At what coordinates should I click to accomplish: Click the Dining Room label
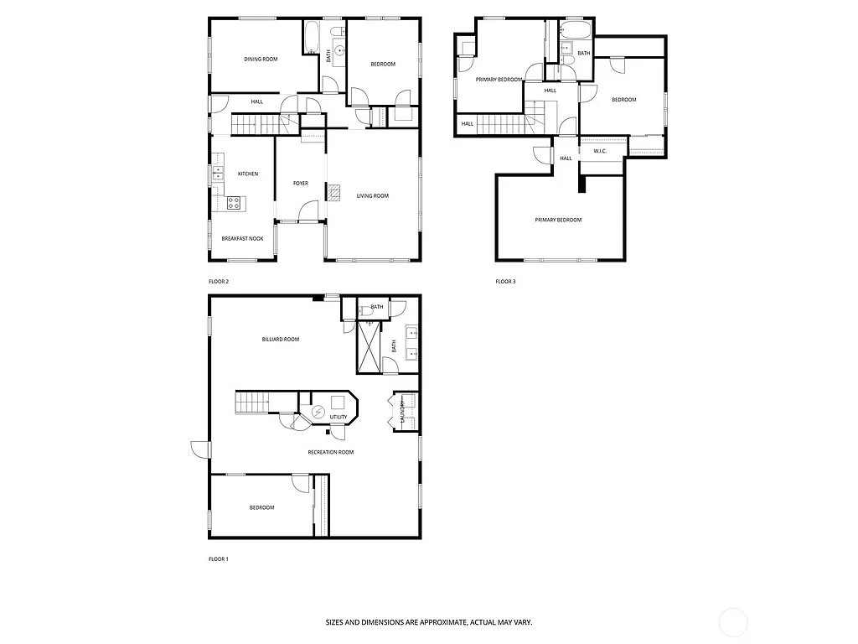pyautogui.click(x=261, y=60)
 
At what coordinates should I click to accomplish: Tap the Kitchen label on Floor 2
pyautogui.click(x=247, y=174)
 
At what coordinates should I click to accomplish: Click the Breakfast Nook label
pyautogui.click(x=242, y=239)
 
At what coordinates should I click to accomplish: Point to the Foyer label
pyautogui.click(x=300, y=184)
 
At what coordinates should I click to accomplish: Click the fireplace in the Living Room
pyautogui.click(x=334, y=193)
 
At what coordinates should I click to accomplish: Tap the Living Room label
pyautogui.click(x=373, y=196)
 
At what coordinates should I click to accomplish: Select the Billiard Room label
pyautogui.click(x=280, y=340)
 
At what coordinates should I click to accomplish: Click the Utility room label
pyautogui.click(x=339, y=417)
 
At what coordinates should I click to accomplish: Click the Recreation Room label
pyautogui.click(x=330, y=452)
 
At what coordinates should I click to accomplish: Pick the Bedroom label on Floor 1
pyautogui.click(x=261, y=507)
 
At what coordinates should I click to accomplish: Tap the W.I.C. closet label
pyautogui.click(x=600, y=151)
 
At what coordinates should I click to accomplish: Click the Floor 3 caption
pyautogui.click(x=505, y=282)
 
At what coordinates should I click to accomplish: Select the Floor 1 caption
pyautogui.click(x=218, y=558)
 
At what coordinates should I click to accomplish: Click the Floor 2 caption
pyautogui.click(x=218, y=282)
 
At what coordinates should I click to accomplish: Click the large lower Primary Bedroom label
pyautogui.click(x=558, y=220)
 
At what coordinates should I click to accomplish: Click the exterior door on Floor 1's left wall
pyautogui.click(x=199, y=449)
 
